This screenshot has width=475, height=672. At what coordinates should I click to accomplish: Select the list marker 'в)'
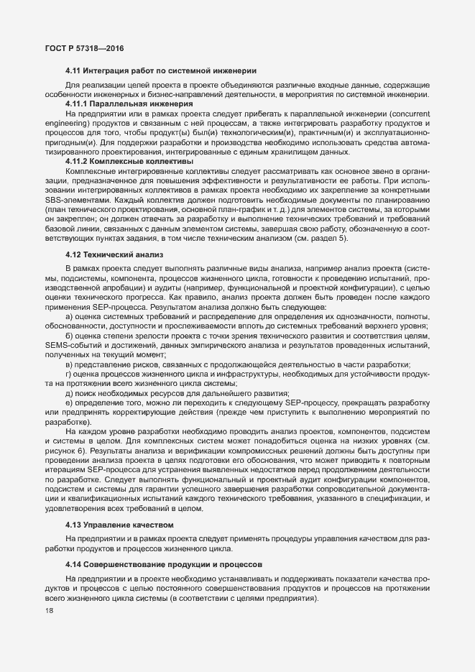pyautogui.click(x=70, y=364)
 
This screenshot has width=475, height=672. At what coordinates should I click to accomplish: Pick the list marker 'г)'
pyautogui.click(x=69, y=374)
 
